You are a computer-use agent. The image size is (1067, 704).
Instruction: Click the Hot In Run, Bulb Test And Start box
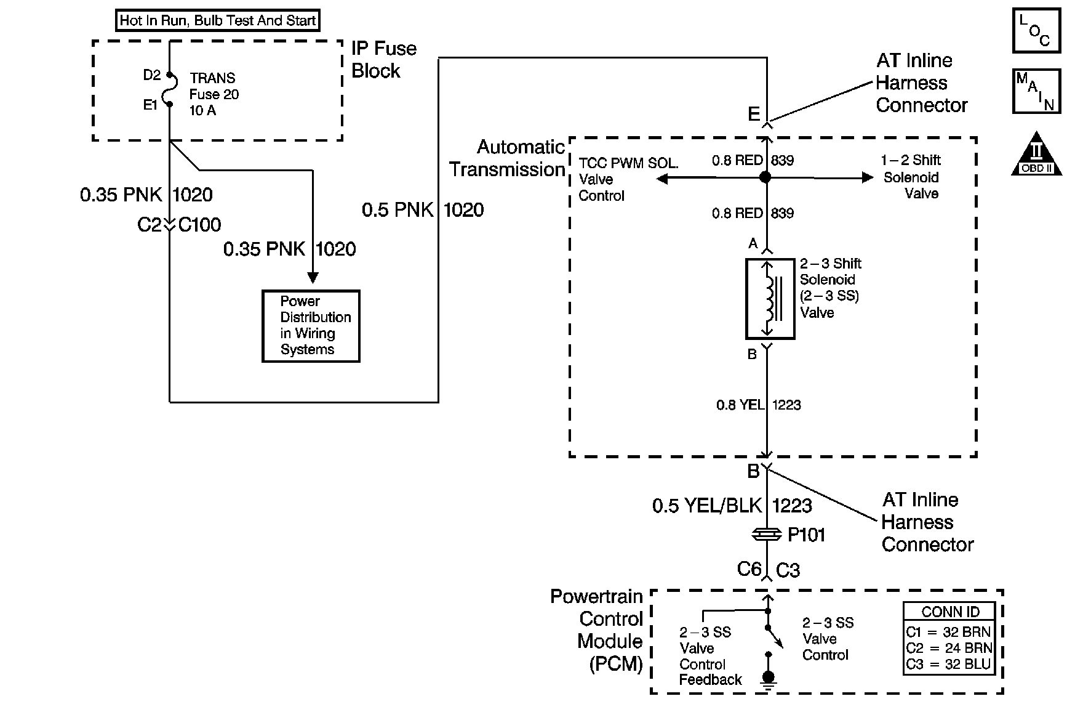218,20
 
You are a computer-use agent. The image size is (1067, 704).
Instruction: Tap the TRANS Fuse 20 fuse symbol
169,89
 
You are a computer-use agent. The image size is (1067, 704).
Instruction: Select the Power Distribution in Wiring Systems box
311,326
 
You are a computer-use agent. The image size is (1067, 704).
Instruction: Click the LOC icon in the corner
1036,30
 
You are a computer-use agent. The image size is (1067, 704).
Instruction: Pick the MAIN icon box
1036,91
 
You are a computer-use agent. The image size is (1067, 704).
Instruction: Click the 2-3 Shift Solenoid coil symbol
769,299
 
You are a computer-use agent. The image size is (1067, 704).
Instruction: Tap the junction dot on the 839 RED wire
765,177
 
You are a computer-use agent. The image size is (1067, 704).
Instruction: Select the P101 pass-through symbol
767,535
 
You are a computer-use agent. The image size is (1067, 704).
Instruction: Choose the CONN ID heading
950,612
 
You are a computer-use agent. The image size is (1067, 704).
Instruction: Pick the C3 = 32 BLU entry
948,665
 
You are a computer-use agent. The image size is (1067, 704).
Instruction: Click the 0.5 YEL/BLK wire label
707,506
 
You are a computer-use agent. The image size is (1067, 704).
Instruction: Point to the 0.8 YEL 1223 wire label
758,405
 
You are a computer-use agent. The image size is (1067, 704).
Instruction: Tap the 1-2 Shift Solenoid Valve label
911,177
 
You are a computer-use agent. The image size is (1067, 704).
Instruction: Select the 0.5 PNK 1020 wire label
422,210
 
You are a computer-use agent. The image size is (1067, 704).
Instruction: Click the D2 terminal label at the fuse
151,75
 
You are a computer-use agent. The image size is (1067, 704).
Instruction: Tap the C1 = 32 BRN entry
948,632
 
